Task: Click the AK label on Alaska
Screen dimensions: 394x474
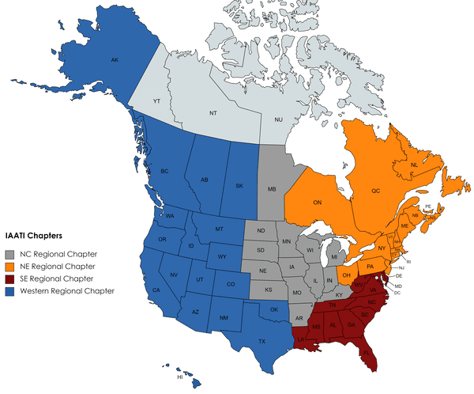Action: click(115, 60)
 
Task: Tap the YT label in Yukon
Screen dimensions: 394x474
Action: click(156, 102)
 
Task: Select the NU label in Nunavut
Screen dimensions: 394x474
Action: click(278, 119)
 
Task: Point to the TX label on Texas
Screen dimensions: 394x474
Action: click(261, 341)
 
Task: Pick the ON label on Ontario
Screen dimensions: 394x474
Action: click(318, 203)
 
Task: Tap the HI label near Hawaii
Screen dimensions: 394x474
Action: click(179, 377)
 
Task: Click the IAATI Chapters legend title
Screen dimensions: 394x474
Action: click(34, 235)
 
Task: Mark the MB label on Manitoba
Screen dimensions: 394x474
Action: click(272, 190)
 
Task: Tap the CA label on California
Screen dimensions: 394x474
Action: click(156, 290)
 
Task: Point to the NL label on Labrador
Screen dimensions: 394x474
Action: click(413, 165)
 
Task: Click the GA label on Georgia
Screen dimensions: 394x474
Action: click(351, 324)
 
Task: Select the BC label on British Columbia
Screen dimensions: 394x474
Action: click(164, 172)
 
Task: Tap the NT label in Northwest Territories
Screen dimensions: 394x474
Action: click(213, 113)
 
